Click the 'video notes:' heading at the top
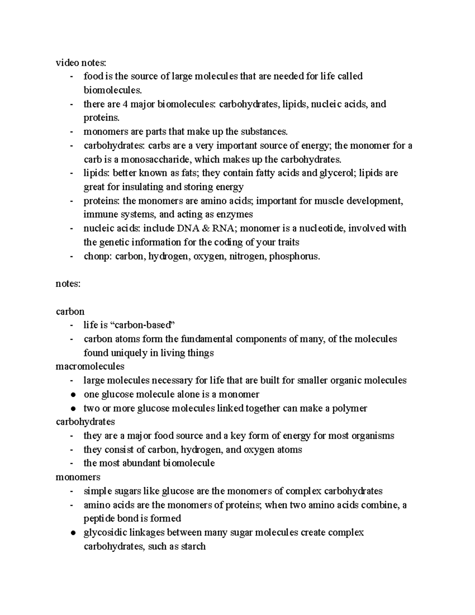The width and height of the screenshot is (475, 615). click(81, 63)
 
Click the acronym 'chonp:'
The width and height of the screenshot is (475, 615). click(98, 256)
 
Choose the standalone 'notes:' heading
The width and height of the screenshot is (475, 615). click(68, 284)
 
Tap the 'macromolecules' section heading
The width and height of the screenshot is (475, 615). click(90, 366)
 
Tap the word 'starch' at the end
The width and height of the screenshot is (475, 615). click(193, 546)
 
